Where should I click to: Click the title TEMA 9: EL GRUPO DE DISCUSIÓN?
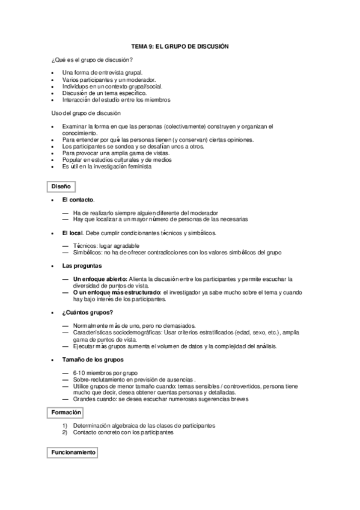click(x=180, y=46)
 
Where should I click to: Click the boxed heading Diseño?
click(x=61, y=188)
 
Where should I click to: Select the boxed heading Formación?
click(x=64, y=413)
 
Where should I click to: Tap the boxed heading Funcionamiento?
click(x=72, y=451)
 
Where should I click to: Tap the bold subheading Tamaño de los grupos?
click(x=93, y=359)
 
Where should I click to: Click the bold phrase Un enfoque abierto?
click(x=99, y=279)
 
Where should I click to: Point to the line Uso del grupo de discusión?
click(x=86, y=113)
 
